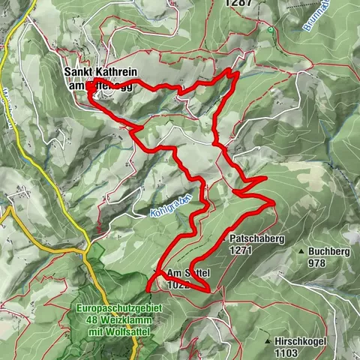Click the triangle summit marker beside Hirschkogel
tap(268, 340)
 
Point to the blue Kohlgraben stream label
tap(170, 204)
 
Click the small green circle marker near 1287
tap(270, 30)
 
